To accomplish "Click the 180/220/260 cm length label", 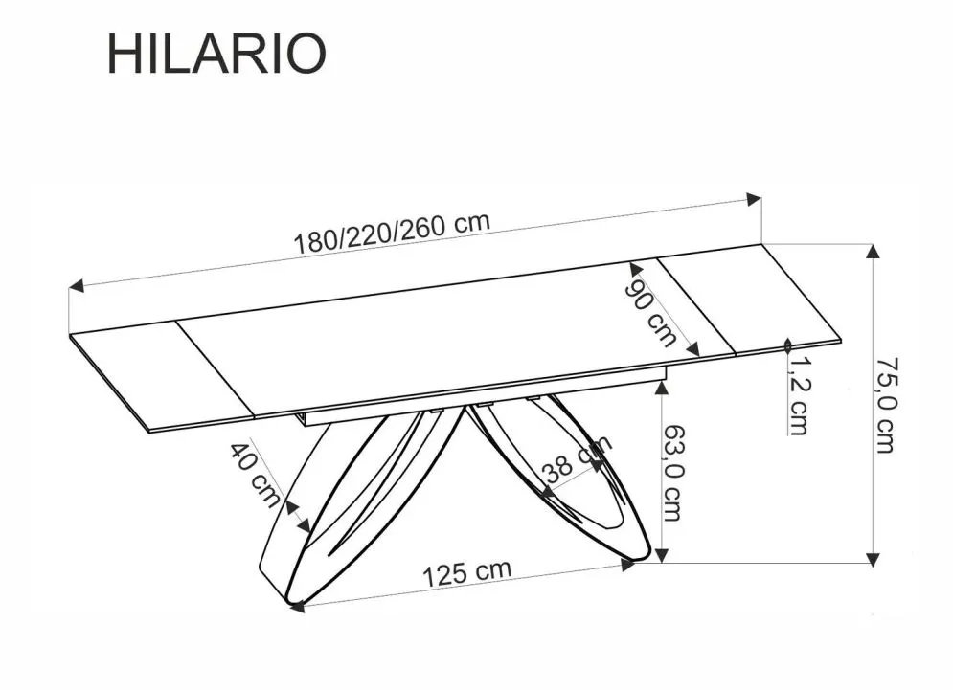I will [391, 233].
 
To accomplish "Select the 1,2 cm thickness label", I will [798, 392].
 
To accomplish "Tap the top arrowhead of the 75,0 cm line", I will [873, 252].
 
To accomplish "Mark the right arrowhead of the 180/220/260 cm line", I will [755, 199].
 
